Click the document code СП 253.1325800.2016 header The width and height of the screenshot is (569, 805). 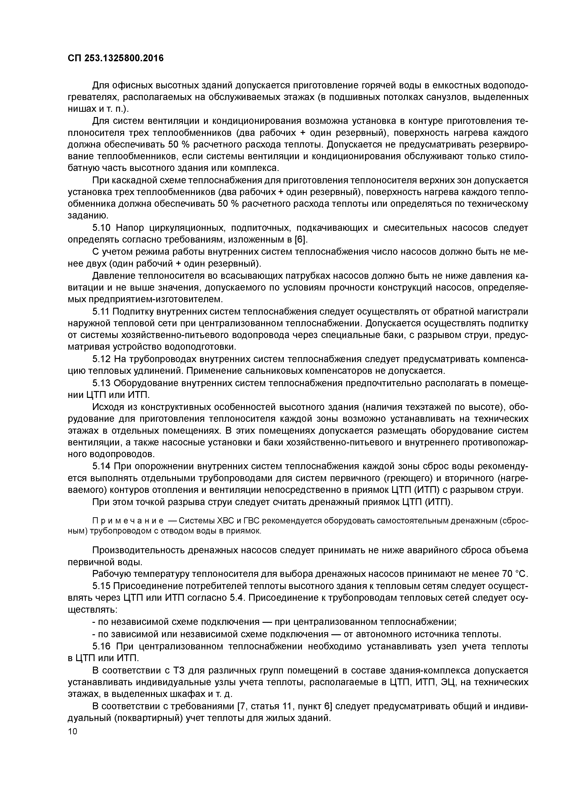[x=116, y=58]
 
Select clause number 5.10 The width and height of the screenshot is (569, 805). [x=101, y=228]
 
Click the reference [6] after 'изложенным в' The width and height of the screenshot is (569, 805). [x=301, y=240]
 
